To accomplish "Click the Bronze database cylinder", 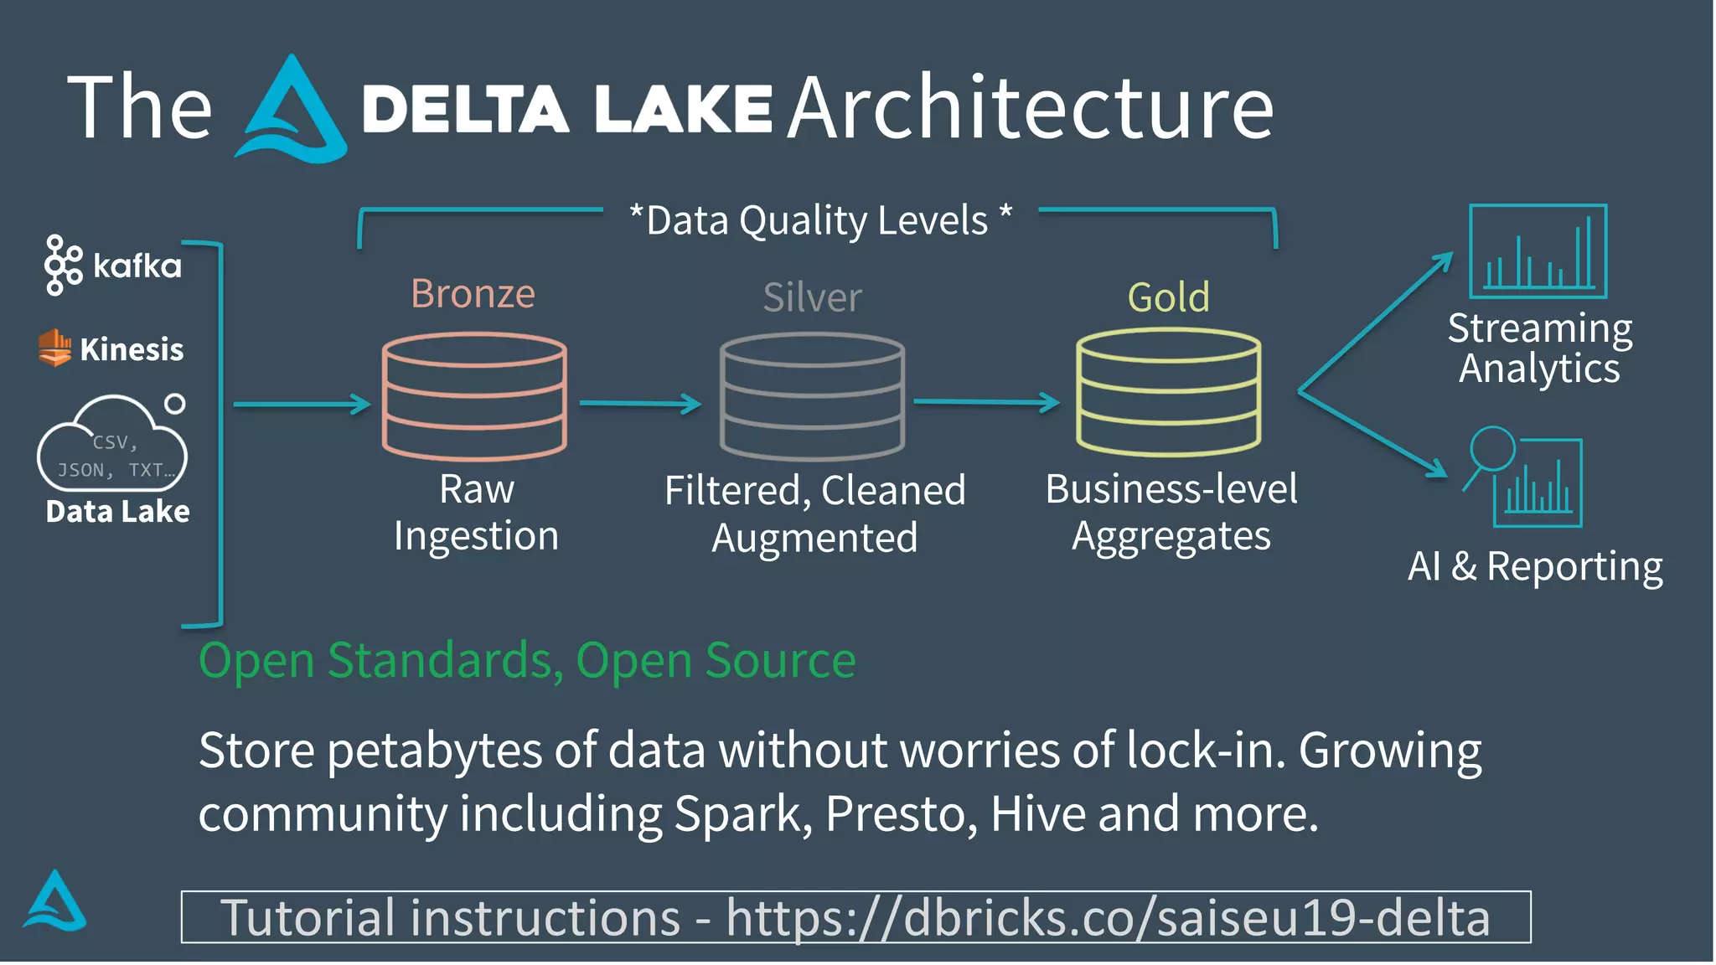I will coord(474,396).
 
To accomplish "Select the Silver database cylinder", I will coord(812,396).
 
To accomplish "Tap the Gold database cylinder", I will coord(1168,392).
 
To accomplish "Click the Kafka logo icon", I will coord(63,265).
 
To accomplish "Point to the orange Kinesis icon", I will coord(54,348).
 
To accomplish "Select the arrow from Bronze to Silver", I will coord(640,404).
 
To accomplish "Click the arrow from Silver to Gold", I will coord(986,402).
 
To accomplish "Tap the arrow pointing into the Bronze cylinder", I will coord(302,405).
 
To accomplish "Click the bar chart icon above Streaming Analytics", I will coord(1538,251).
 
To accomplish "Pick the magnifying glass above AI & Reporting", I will coord(1492,450).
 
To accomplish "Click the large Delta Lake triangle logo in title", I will coord(291,113).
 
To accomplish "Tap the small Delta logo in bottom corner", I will coord(54,901).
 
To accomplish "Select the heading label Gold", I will coord(1168,297).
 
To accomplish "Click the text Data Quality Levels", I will coord(818,221).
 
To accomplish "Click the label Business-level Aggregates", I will coord(1171,512).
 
